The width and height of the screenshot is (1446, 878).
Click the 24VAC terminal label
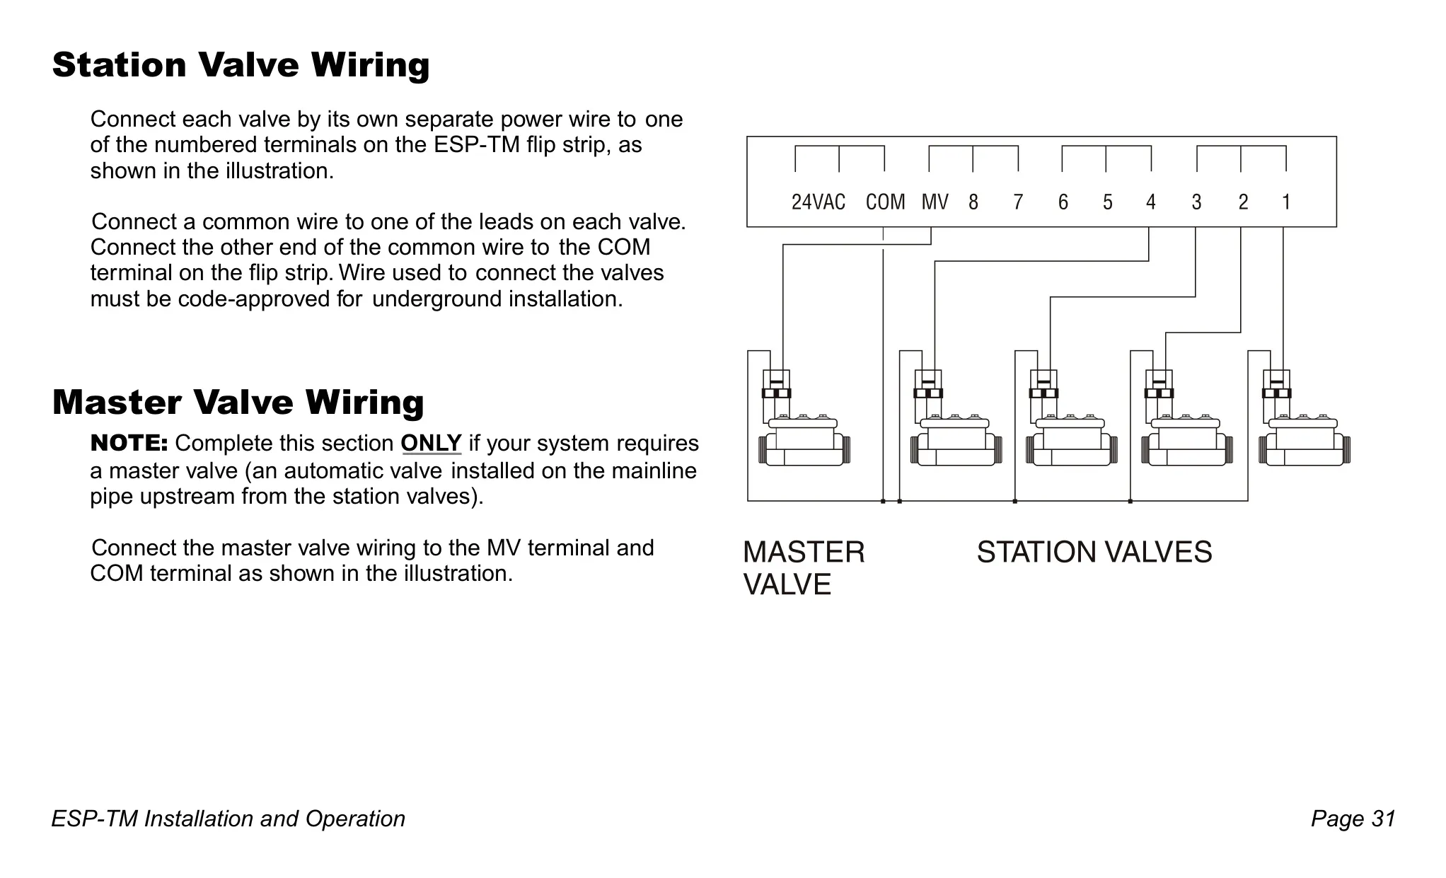pyautogui.click(x=818, y=202)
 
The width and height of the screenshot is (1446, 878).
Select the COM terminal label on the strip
pyautogui.click(x=885, y=202)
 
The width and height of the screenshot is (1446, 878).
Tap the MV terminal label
pyautogui.click(x=935, y=202)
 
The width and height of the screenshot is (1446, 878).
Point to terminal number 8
pyautogui.click(x=973, y=202)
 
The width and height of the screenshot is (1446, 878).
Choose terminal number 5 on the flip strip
pyautogui.click(x=1107, y=202)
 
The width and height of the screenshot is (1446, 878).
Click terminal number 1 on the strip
pyautogui.click(x=1286, y=202)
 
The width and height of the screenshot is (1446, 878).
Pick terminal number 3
pyautogui.click(x=1196, y=202)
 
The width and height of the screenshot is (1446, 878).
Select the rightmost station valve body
pyautogui.click(x=1305, y=440)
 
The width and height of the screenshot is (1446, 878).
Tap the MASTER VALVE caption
pyautogui.click(x=804, y=568)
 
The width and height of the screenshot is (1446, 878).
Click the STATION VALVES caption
pyautogui.click(x=1094, y=552)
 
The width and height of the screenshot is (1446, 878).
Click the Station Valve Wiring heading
pyautogui.click(x=241, y=65)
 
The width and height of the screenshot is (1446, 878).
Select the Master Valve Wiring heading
pyautogui.click(x=238, y=403)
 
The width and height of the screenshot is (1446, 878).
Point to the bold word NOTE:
pyautogui.click(x=129, y=444)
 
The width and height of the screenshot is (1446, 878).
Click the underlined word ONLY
pyautogui.click(x=432, y=444)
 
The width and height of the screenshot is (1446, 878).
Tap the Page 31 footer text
pyautogui.click(x=1353, y=819)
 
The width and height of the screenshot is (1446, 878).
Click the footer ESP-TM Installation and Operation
pyautogui.click(x=229, y=819)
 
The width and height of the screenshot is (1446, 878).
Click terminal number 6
pyautogui.click(x=1063, y=202)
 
